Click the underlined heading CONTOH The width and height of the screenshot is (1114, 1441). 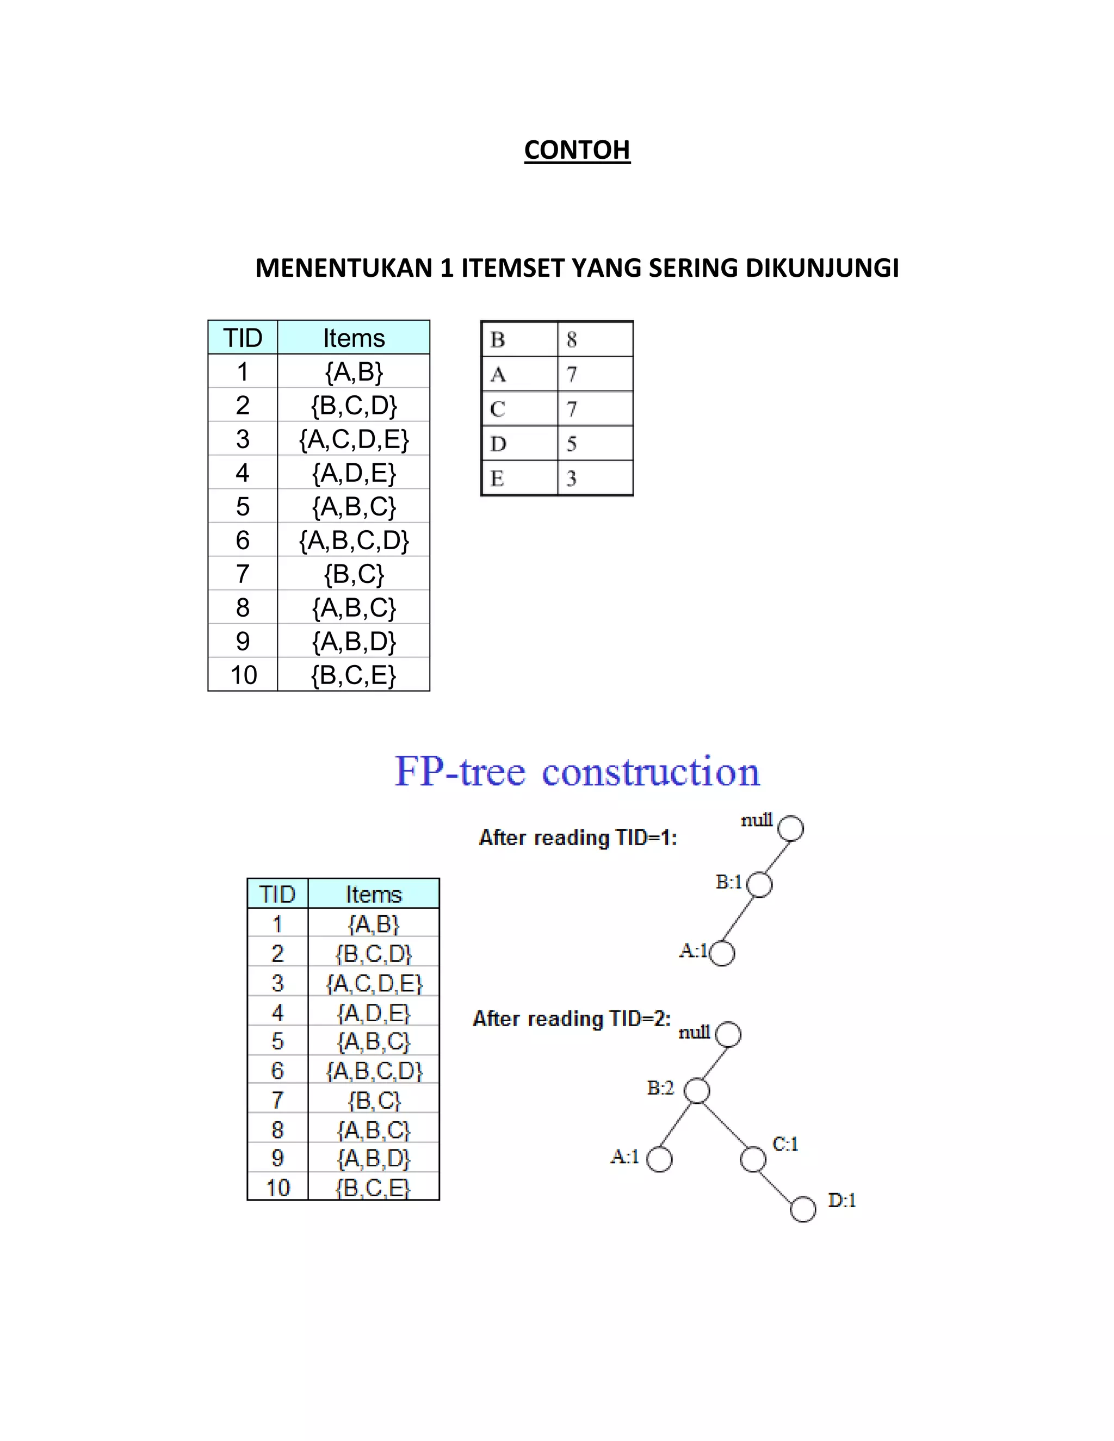pyautogui.click(x=577, y=150)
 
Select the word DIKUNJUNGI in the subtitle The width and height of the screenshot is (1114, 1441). pyautogui.click(x=822, y=268)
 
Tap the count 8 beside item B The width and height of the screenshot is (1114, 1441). pyautogui.click(x=572, y=340)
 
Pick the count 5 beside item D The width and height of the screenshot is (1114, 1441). pyautogui.click(x=572, y=443)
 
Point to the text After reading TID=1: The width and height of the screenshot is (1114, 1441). pyautogui.click(x=578, y=838)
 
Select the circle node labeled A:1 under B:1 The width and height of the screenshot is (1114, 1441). pyautogui.click(x=722, y=953)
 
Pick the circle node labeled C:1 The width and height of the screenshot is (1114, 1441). pyautogui.click(x=753, y=1159)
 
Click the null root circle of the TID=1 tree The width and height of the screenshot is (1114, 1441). pyautogui.click(x=790, y=828)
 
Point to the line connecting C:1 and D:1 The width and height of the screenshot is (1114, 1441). pyautogui.click(x=778, y=1184)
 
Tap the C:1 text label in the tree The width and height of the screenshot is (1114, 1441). pyautogui.click(x=785, y=1144)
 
